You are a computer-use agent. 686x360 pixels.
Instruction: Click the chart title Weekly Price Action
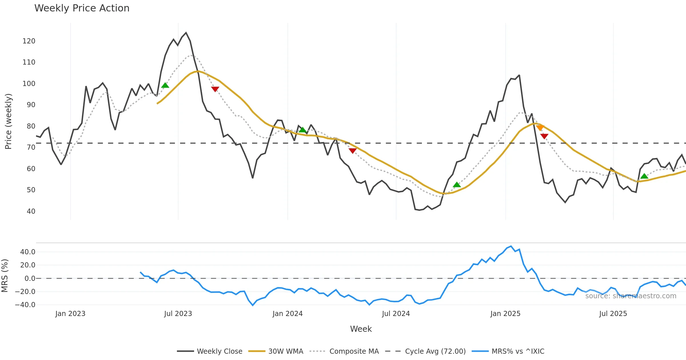point(82,8)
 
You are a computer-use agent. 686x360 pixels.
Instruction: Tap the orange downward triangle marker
point(540,127)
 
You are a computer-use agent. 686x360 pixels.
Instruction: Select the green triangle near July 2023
point(165,85)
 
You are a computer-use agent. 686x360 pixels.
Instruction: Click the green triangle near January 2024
point(302,130)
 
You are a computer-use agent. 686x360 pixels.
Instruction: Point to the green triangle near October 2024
point(457,185)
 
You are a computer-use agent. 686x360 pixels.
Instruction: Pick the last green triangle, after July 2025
point(644,176)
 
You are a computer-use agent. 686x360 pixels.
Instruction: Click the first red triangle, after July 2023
point(215,89)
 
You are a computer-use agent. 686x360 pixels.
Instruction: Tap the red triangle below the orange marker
point(544,136)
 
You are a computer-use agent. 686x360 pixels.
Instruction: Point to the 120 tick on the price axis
point(29,41)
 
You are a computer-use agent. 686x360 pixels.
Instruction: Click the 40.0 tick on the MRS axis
point(28,252)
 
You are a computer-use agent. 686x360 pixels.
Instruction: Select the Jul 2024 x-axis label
point(396,314)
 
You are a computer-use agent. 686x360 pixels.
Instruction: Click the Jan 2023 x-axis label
point(70,314)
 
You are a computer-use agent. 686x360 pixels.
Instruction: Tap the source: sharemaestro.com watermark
point(631,296)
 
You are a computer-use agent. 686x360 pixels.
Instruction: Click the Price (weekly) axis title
point(8,121)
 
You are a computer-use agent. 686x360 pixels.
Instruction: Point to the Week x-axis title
point(361,329)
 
